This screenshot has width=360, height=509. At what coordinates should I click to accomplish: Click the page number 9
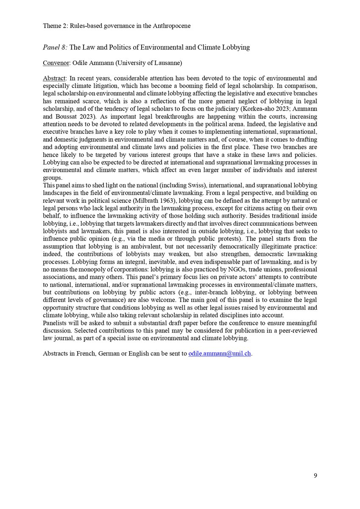315,475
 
